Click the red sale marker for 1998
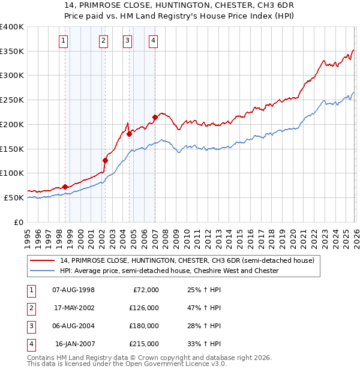(65, 187)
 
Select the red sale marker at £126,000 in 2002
(105, 160)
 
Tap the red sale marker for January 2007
(155, 117)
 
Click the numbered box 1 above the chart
(64, 41)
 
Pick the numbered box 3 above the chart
(128, 41)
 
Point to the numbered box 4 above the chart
(154, 41)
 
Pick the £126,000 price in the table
(145, 308)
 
